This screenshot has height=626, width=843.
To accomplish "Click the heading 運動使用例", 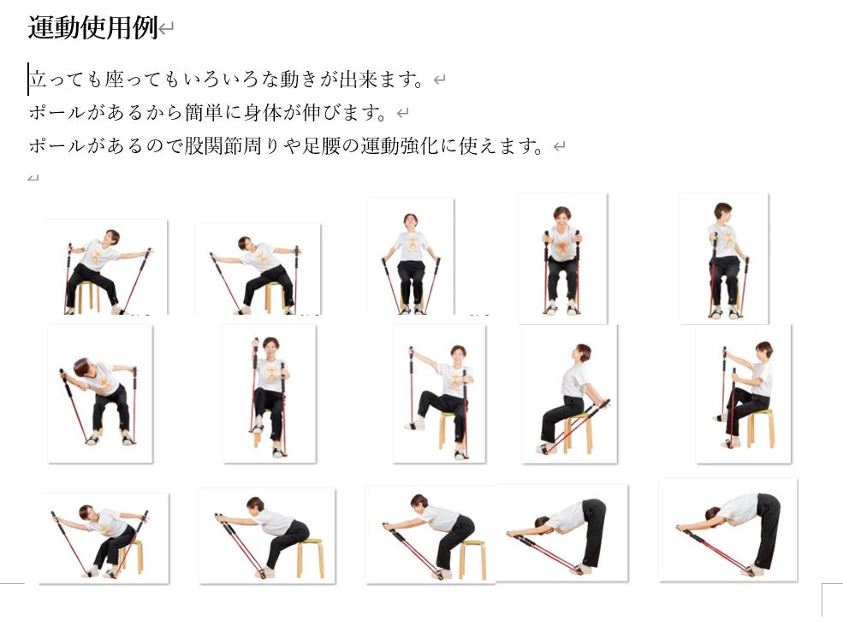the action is (x=92, y=28).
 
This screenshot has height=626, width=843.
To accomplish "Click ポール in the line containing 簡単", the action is (x=57, y=112).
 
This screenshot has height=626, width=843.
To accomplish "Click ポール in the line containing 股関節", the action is (x=57, y=145).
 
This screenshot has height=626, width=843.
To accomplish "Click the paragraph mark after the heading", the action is (x=166, y=28).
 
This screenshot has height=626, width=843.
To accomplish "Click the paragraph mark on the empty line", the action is (x=33, y=177).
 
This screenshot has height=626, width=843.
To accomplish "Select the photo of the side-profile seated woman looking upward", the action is (x=569, y=394).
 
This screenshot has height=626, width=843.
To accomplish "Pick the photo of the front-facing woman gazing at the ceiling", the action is (x=411, y=257).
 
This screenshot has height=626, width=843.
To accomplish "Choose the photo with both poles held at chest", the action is (x=563, y=258).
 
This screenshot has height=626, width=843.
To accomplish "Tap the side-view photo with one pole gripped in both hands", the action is (x=744, y=394).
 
